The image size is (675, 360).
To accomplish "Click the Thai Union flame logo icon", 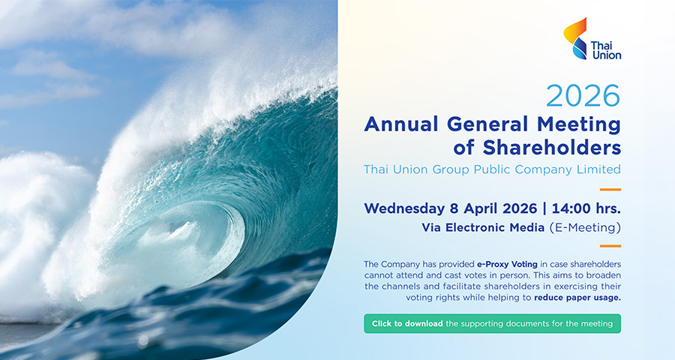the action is [575, 38].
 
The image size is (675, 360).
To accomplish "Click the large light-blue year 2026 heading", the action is [583, 96].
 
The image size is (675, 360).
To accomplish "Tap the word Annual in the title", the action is [401, 124].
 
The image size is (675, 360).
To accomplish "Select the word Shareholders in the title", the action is [551, 147].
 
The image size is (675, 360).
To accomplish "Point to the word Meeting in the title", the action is [578, 125].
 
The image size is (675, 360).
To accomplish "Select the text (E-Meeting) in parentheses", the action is [585, 227].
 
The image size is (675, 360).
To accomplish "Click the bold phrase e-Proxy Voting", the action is [507, 264].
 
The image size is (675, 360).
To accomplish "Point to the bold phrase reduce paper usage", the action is [577, 298].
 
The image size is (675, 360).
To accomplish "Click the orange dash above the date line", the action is [610, 190].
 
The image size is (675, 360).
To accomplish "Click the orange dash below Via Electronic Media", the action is [610, 246].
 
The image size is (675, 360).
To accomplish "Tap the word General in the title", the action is [487, 124].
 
